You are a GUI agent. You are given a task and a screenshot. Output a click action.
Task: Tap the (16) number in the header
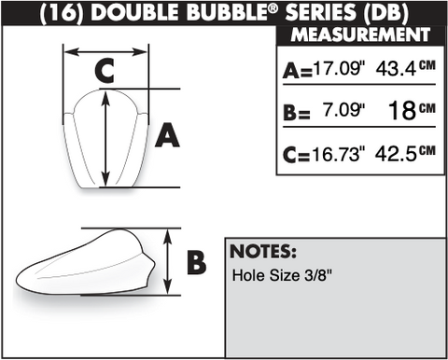pos(62,12)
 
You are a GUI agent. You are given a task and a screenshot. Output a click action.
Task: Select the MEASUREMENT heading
pos(360,35)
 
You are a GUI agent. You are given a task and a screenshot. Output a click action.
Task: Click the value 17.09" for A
pos(339,68)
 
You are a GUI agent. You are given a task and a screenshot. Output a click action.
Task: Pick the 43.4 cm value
pos(405,68)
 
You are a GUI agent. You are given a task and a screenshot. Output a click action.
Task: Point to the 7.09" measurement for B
pos(343,110)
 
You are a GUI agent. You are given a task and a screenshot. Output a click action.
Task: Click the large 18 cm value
pos(412,110)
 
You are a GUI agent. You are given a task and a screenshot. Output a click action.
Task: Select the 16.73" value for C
pos(339,154)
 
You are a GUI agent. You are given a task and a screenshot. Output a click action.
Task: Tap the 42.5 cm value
pos(405,153)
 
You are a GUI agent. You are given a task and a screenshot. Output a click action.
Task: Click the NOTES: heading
pos(263,252)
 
